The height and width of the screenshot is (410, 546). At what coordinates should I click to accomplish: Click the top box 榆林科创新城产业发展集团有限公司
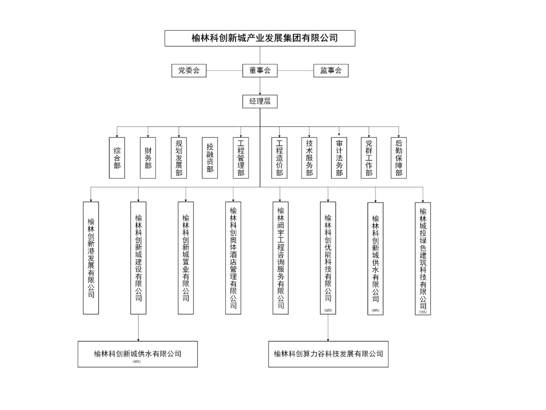(x=260, y=38)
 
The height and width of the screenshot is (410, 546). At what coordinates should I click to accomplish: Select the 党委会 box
(x=189, y=70)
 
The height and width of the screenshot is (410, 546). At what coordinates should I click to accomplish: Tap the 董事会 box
(x=260, y=70)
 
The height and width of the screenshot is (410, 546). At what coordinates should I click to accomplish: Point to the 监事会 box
(x=330, y=70)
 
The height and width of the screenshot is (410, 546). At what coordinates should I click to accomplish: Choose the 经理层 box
(x=260, y=101)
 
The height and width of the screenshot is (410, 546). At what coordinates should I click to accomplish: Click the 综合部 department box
(x=117, y=158)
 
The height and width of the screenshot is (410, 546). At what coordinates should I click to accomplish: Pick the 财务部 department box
(x=148, y=158)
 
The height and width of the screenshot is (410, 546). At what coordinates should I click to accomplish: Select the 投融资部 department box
(x=210, y=158)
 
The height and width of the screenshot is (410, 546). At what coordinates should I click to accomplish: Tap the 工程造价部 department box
(x=279, y=158)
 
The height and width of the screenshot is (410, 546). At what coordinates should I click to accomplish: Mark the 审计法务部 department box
(x=339, y=158)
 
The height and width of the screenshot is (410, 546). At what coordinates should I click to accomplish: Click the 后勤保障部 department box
(x=399, y=158)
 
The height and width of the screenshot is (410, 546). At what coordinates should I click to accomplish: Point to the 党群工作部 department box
(x=369, y=158)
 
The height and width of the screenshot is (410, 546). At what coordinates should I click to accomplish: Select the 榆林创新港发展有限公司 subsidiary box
(x=91, y=258)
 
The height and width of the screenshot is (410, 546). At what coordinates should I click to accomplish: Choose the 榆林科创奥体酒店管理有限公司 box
(x=233, y=258)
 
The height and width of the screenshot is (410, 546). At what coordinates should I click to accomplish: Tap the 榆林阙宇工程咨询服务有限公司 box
(x=280, y=258)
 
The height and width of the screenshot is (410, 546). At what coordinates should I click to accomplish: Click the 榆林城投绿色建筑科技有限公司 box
(x=423, y=258)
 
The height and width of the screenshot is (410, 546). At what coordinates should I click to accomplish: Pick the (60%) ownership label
(x=328, y=310)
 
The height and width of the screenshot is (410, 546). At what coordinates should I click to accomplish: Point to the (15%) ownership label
(x=423, y=312)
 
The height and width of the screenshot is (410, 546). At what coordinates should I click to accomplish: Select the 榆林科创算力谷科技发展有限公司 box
(x=328, y=354)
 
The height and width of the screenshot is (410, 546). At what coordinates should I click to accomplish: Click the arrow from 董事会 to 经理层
(x=260, y=86)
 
